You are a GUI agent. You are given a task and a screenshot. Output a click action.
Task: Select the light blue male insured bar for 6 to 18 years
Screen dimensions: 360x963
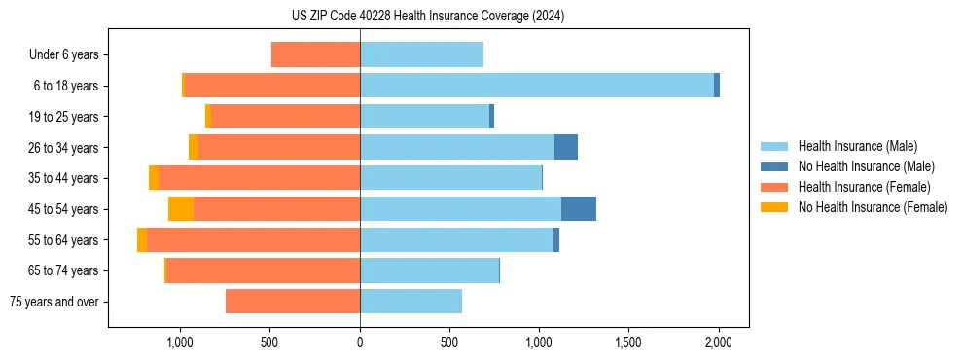[536, 86]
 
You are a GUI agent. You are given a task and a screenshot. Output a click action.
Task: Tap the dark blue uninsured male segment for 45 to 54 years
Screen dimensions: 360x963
[578, 209]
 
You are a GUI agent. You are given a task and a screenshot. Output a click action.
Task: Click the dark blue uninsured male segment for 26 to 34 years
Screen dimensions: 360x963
[565, 147]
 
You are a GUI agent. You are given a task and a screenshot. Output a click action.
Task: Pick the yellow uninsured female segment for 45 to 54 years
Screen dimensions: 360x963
[181, 209]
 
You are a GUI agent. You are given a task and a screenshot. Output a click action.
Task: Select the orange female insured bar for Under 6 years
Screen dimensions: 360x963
[315, 54]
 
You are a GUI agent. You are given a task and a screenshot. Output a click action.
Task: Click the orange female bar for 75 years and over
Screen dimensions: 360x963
[293, 302]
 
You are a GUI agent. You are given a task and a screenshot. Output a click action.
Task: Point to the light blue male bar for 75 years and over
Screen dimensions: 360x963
[410, 302]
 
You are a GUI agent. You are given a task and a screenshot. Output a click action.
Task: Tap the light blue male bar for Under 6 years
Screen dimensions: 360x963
[421, 54]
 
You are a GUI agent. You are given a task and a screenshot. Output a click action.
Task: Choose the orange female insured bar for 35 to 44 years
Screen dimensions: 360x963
[259, 178]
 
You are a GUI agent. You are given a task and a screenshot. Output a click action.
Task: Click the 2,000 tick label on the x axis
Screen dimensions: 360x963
[718, 342]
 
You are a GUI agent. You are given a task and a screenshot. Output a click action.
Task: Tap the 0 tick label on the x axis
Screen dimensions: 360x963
[360, 342]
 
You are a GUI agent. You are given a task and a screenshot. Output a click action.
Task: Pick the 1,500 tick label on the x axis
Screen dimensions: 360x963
[628, 342]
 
